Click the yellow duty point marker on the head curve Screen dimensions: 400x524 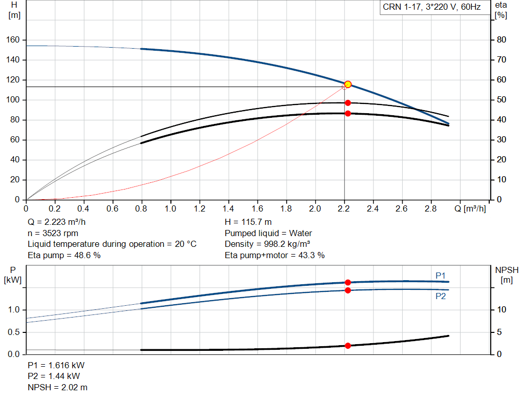[x=348, y=85]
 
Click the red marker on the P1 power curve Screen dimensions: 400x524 [x=347, y=282]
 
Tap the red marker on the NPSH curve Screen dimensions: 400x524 [x=347, y=346]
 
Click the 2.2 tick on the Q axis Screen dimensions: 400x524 [x=344, y=208]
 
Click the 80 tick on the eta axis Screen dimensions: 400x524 [x=501, y=40]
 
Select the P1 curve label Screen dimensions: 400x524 [x=441, y=276]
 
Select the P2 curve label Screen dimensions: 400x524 [x=441, y=296]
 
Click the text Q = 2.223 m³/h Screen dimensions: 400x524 [x=57, y=222]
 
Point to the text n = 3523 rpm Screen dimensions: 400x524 [x=52, y=233]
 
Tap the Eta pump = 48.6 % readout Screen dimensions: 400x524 [x=64, y=255]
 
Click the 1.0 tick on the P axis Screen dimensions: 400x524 [x=14, y=310]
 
